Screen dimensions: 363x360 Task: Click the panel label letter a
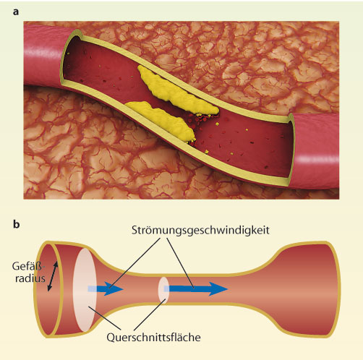click(x=16, y=12)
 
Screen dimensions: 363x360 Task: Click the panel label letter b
click(x=16, y=224)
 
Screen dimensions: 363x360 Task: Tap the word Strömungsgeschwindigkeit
click(x=200, y=231)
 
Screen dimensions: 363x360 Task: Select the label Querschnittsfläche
click(x=153, y=337)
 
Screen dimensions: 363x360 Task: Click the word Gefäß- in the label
click(x=29, y=266)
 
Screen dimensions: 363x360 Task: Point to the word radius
click(x=30, y=278)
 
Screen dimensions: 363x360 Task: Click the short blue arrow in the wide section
click(x=106, y=288)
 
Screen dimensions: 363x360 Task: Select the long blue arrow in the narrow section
click(x=196, y=288)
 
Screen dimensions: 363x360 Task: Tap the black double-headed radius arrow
click(x=53, y=276)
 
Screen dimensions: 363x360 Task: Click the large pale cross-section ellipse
click(x=85, y=290)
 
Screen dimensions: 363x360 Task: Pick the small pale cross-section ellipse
click(x=163, y=290)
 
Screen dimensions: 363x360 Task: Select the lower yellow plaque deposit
click(x=161, y=121)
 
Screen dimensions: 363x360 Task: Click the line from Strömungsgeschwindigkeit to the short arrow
click(x=134, y=263)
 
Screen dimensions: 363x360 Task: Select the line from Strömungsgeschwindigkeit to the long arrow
click(x=180, y=262)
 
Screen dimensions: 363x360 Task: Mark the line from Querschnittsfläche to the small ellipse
click(x=150, y=314)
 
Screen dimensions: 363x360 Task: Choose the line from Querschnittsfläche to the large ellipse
click(x=105, y=318)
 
